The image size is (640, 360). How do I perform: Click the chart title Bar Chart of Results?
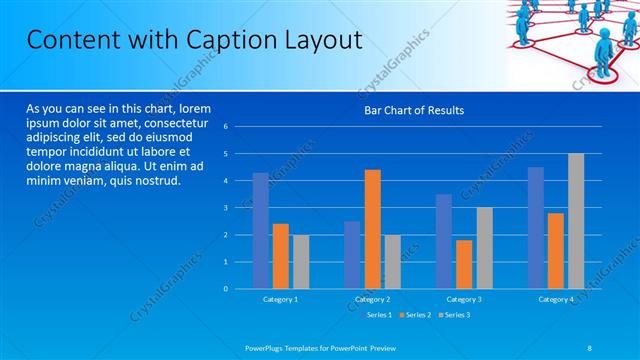point(413,110)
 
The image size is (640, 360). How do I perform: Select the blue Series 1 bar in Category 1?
point(260,231)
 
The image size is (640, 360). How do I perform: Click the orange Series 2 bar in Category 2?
point(372,229)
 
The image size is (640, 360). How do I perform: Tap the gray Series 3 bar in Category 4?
point(576,221)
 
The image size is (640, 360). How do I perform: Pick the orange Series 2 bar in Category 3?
point(464,264)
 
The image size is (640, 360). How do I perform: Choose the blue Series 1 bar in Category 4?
point(536,228)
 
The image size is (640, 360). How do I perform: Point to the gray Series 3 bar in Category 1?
point(301,262)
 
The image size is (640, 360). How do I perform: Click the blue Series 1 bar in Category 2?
point(352,255)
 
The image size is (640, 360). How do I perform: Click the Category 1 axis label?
point(280,299)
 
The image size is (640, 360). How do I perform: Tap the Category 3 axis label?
point(464,299)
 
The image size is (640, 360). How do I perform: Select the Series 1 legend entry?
point(375,315)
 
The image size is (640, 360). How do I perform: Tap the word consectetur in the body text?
point(174,122)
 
